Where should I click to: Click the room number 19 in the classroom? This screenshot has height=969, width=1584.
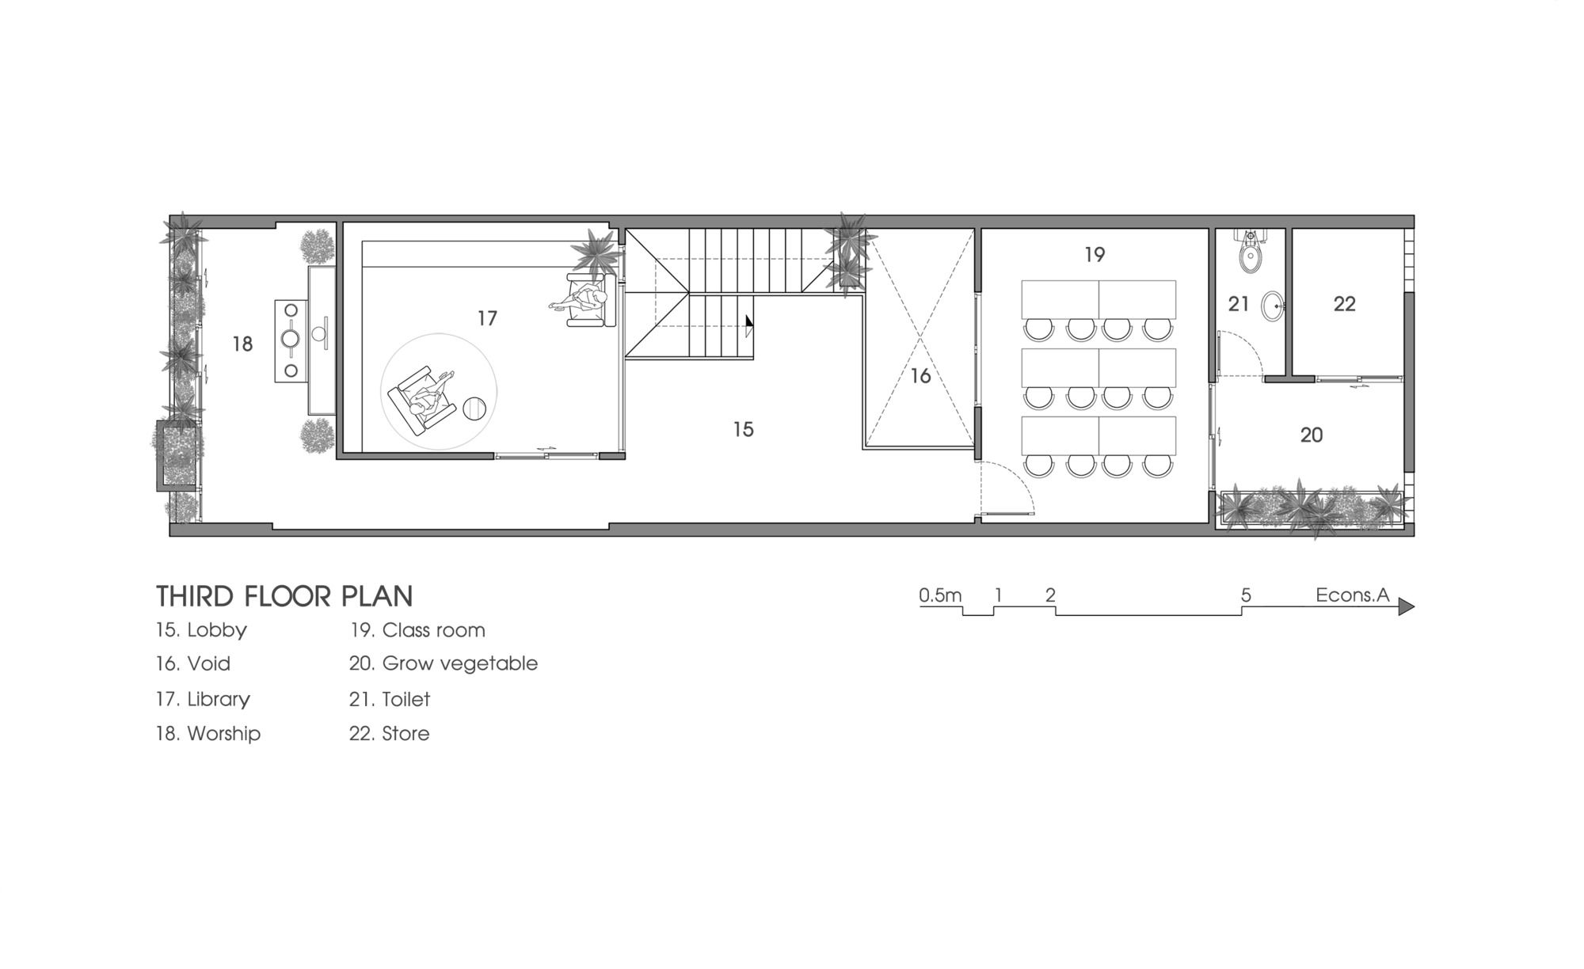click(x=1094, y=254)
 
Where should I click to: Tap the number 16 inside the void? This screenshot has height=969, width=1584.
click(x=920, y=375)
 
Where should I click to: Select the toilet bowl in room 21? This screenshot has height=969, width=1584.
click(x=1251, y=253)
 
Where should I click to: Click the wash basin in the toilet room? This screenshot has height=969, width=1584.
click(x=1273, y=306)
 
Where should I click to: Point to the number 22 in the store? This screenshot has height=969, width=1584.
click(x=1344, y=303)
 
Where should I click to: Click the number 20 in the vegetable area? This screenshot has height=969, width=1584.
click(x=1312, y=435)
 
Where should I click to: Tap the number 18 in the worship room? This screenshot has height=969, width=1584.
click(x=242, y=344)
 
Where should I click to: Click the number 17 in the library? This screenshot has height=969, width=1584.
click(x=487, y=317)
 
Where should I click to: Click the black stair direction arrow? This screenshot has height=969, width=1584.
click(x=749, y=325)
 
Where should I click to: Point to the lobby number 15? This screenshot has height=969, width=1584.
click(x=743, y=429)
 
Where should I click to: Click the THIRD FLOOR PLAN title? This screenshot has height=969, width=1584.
click(x=284, y=596)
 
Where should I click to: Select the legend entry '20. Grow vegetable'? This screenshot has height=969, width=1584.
click(x=444, y=663)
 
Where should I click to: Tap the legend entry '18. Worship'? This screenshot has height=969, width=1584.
click(x=208, y=733)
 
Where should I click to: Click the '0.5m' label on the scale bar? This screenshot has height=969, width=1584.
click(x=940, y=595)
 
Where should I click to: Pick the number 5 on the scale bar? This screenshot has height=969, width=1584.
click(x=1246, y=595)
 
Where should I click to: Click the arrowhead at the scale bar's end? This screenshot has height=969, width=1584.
click(x=1406, y=606)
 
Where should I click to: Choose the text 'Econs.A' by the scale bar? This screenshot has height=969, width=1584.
click(x=1353, y=595)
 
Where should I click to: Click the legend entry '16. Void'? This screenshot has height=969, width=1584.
click(x=193, y=663)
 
